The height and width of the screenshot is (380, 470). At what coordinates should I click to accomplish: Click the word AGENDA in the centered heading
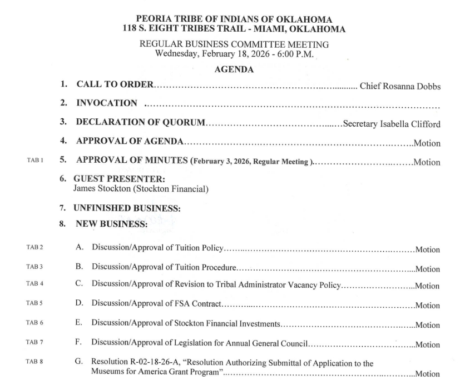[234, 70]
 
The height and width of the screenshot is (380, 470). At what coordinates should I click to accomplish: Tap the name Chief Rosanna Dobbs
[400, 86]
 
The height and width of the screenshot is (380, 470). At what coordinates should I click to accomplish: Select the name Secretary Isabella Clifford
[392, 123]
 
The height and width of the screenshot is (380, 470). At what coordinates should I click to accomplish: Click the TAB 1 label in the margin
[34, 161]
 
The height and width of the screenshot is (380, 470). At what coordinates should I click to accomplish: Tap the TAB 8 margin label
[34, 362]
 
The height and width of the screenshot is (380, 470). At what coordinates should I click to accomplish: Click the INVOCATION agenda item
[106, 103]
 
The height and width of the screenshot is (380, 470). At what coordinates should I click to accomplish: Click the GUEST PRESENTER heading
[119, 180]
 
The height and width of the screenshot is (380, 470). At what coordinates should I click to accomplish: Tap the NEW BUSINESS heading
[111, 224]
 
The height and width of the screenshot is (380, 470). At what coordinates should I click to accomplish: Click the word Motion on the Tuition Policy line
[427, 250]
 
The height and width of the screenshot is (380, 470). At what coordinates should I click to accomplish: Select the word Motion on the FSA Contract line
[427, 306]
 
